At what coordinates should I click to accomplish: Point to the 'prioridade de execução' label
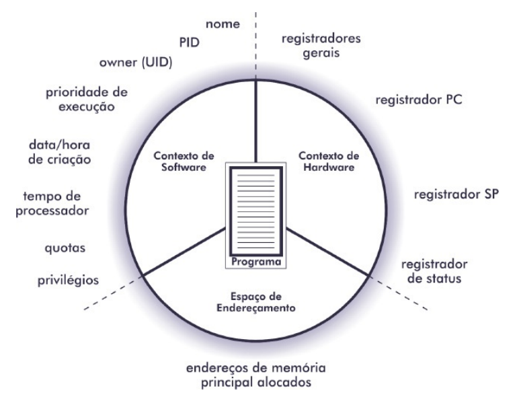pos(87,99)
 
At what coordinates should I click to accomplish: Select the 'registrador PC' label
pos(419,100)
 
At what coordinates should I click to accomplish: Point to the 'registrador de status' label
pos(431,270)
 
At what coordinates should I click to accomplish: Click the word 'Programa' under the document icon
pos(255,262)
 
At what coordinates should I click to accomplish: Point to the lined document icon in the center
pos(255,208)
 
